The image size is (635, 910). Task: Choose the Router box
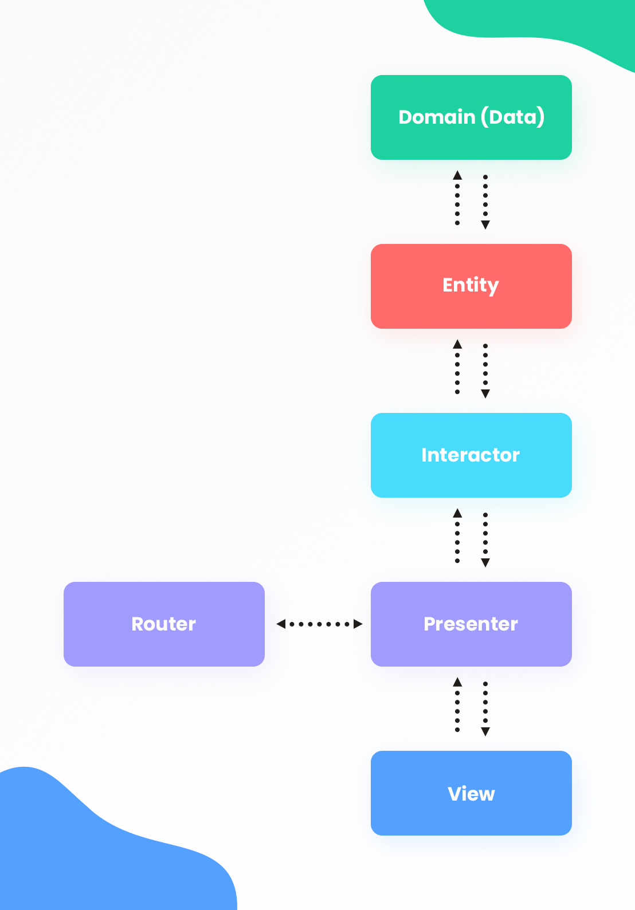[x=164, y=624]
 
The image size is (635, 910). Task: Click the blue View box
[x=471, y=793]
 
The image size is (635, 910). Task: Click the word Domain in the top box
[x=437, y=117]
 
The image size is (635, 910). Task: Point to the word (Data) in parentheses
[x=512, y=117]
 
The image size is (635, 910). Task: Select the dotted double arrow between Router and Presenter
[x=319, y=624]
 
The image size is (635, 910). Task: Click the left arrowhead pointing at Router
[x=281, y=624]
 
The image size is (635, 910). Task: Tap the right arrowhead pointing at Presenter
[x=358, y=624]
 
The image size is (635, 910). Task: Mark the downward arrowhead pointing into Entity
[x=485, y=224]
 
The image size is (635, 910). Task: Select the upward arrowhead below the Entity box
[x=457, y=344]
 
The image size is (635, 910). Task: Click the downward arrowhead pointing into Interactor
[x=485, y=393]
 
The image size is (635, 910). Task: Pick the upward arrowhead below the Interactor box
[x=457, y=513]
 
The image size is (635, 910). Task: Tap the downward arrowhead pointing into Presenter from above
[x=485, y=562]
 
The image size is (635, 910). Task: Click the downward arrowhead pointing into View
[x=485, y=731]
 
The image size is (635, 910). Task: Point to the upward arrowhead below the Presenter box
[x=457, y=682]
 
